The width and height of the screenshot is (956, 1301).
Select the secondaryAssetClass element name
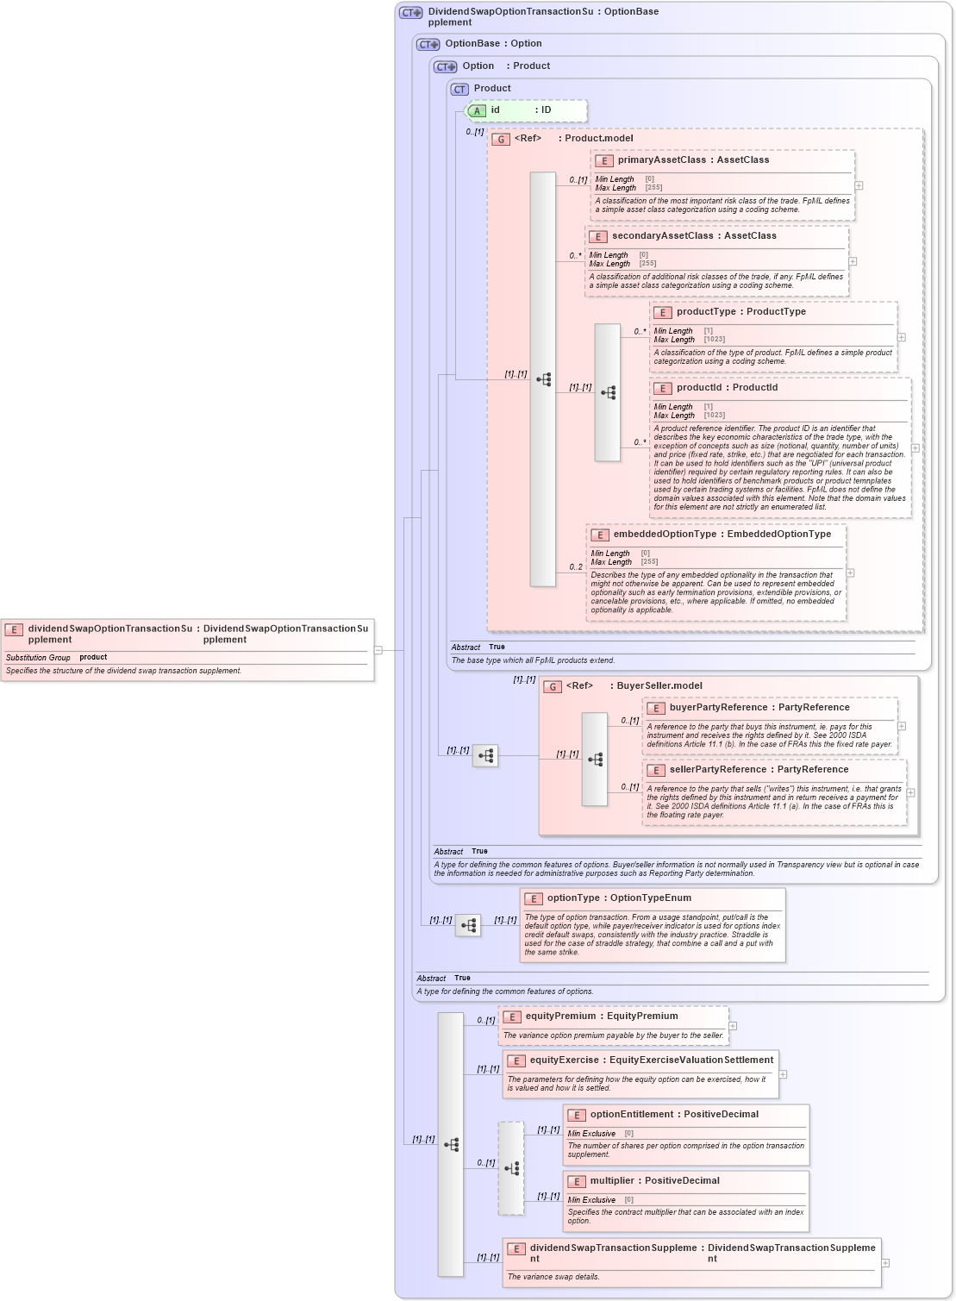[662, 236]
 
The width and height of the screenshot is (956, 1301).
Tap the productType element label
[706, 312]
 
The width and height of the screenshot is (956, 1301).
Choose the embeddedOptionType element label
[665, 535]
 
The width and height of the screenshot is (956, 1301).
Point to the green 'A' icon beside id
[476, 111]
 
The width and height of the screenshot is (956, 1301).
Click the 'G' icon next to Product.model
[501, 139]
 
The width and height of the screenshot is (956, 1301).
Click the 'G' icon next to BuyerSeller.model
[553, 687]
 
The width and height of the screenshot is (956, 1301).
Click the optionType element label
[573, 898]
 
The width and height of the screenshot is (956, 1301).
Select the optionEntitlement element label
[632, 1115]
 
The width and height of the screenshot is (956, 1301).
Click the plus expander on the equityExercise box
[783, 1074]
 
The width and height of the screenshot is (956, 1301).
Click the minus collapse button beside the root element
[378, 650]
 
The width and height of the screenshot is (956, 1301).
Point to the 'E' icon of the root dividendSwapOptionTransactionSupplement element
[14, 630]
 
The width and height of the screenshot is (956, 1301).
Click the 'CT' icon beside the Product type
[459, 90]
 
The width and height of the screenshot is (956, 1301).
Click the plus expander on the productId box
[915, 448]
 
